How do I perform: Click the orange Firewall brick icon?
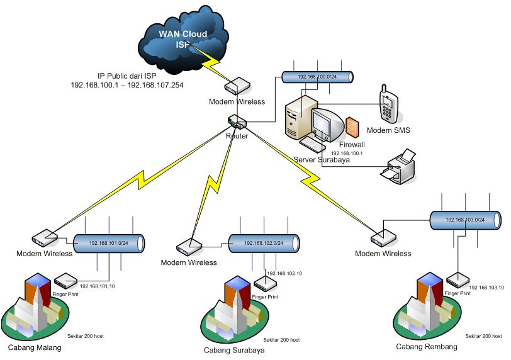tap(353, 127)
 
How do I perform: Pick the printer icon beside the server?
tap(401, 167)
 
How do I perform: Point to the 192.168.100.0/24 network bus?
tap(317, 77)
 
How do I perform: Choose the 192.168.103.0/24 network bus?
tap(465, 220)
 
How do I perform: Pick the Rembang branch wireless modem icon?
tap(382, 238)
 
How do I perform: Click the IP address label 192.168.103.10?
tap(486, 287)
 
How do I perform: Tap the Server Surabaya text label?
tap(322, 160)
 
